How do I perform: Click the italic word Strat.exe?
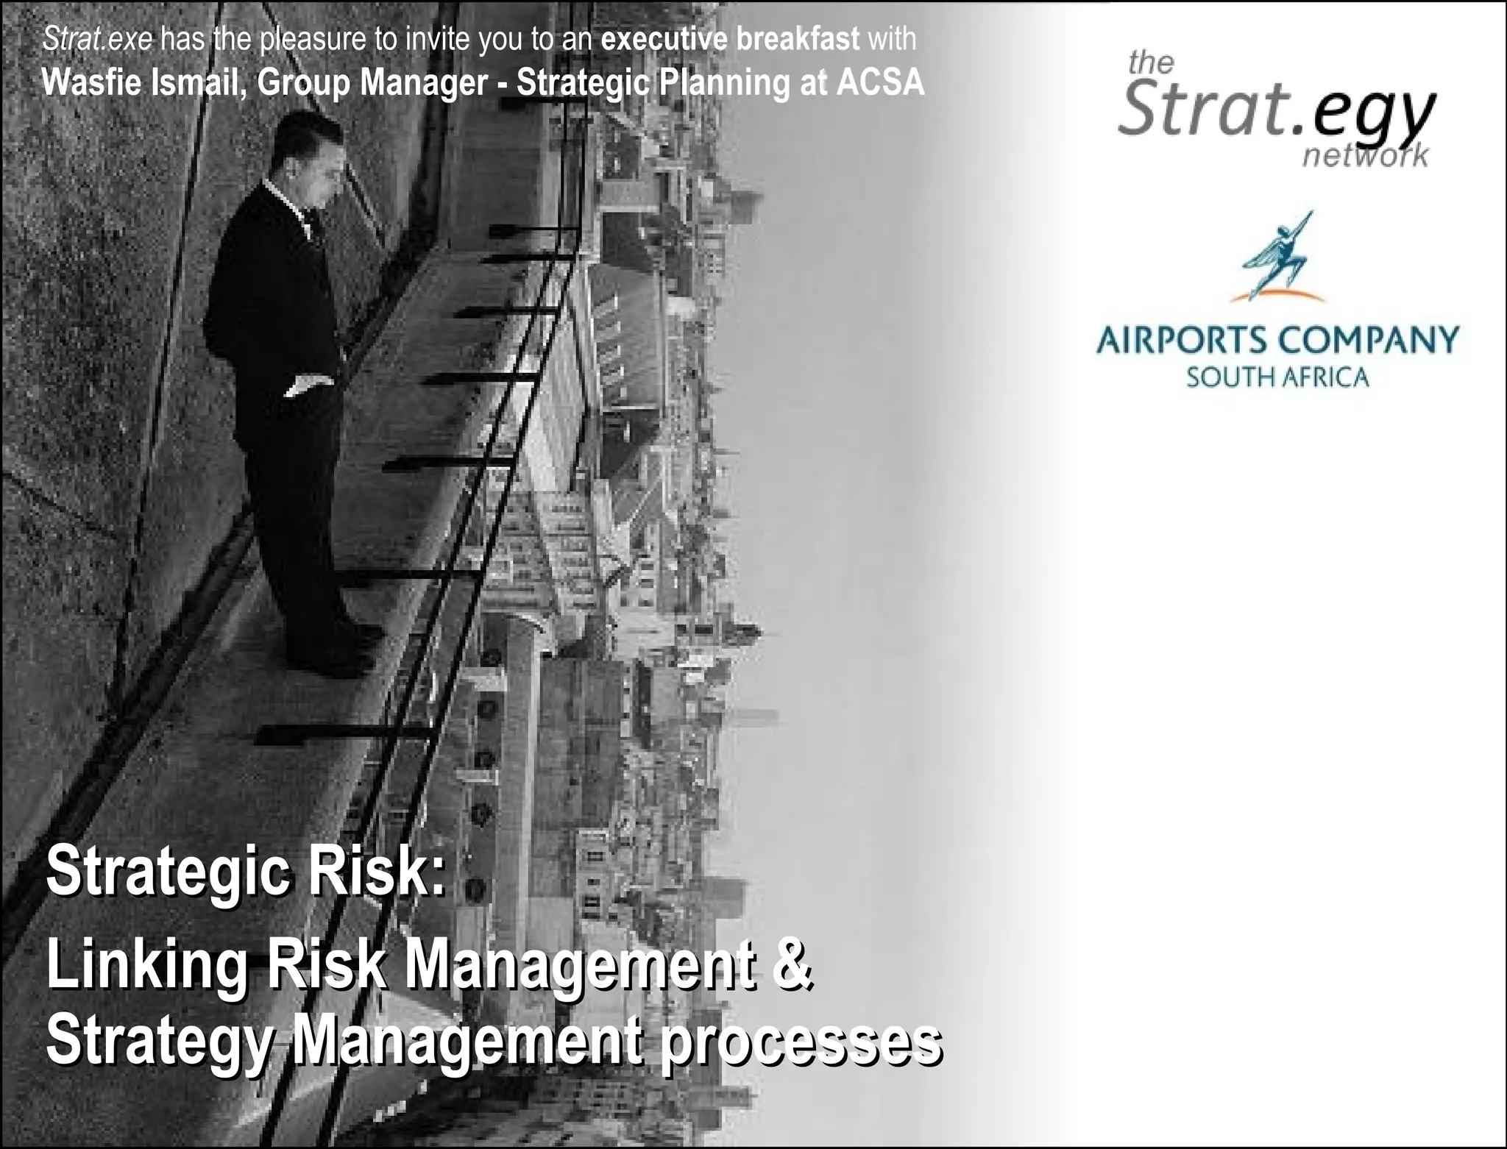[x=97, y=39]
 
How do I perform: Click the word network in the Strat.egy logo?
[x=1365, y=156]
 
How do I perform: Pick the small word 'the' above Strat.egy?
[x=1151, y=64]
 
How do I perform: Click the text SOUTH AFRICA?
[x=1277, y=378]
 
